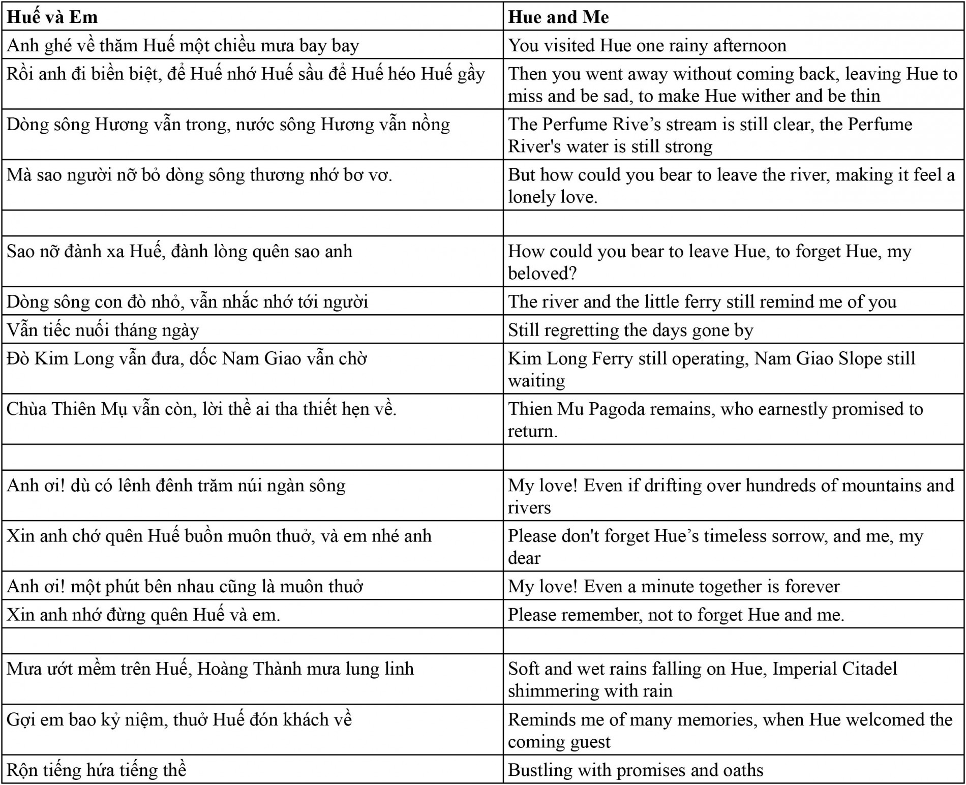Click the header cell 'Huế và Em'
tap(52, 17)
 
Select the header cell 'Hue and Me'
tap(558, 17)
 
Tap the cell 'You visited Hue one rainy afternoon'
tap(647, 46)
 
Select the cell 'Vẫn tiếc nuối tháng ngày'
tap(103, 330)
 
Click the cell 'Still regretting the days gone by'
tap(630, 330)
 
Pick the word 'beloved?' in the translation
tap(542, 274)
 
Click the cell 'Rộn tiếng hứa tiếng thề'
tap(97, 770)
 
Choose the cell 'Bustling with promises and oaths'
tap(636, 770)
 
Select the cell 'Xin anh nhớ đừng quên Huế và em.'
tap(143, 615)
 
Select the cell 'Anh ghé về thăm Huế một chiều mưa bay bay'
tap(183, 46)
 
